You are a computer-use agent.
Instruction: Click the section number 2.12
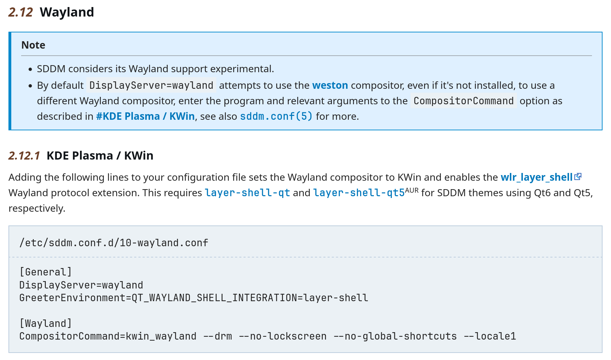[x=20, y=12]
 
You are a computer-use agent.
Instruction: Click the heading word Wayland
[x=67, y=13]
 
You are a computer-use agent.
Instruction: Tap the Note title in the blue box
[x=33, y=45]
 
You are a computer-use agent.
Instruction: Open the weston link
[x=330, y=85]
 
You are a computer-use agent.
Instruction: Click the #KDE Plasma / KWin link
[x=146, y=116]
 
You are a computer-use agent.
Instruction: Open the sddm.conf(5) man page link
[x=276, y=116]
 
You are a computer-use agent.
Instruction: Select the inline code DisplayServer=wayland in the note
[x=152, y=85]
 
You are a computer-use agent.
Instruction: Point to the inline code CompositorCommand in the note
[x=464, y=101]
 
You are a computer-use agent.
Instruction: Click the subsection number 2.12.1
[x=24, y=156]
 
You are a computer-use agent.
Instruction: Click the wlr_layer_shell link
[x=537, y=177]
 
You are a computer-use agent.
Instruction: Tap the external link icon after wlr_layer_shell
[x=578, y=176]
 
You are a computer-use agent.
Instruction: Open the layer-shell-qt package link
[x=247, y=193]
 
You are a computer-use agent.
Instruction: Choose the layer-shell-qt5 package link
[x=359, y=193]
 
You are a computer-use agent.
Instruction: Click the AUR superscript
[x=412, y=190]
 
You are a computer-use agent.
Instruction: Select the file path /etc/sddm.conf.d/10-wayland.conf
[x=114, y=243]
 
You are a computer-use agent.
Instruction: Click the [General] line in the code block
[x=46, y=272]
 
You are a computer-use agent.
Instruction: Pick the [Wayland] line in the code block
[x=46, y=323]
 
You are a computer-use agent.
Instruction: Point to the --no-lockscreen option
[x=283, y=336]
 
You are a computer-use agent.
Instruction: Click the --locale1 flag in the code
[x=490, y=336]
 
